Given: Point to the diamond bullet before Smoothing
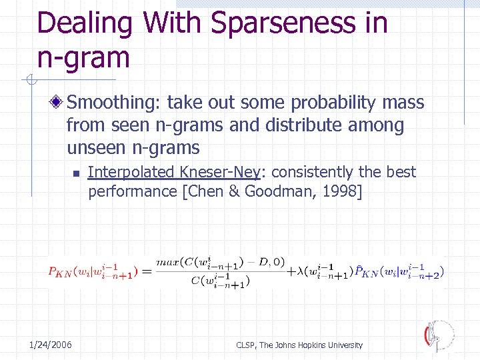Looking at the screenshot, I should pyautogui.click(x=59, y=103).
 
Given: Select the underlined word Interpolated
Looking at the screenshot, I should pyautogui.click(x=131, y=172).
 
